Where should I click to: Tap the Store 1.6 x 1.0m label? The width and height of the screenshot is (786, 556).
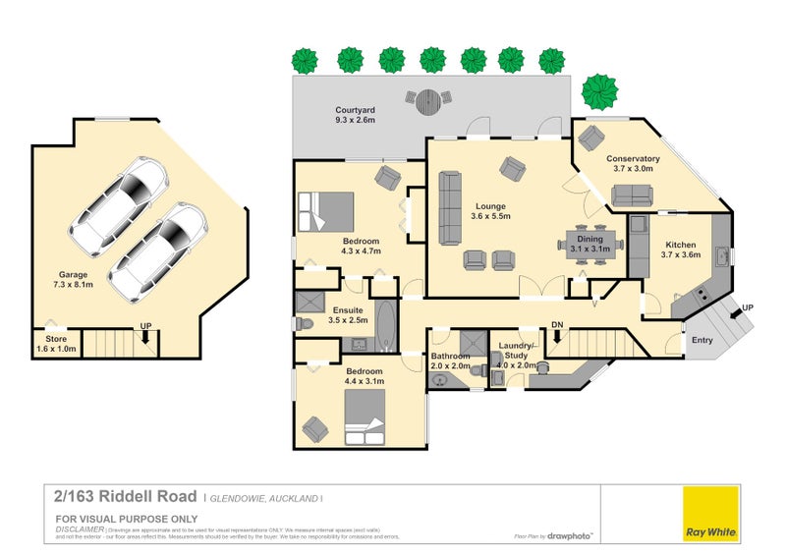click(56, 344)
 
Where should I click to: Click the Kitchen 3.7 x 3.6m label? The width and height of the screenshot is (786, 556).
click(680, 250)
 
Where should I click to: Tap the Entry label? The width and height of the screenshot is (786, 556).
click(702, 340)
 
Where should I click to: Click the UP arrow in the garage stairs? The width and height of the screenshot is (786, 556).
click(145, 333)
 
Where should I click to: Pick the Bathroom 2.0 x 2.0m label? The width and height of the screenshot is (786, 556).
click(451, 361)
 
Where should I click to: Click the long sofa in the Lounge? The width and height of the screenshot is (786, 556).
click(449, 207)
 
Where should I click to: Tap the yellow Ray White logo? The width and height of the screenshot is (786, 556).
click(711, 513)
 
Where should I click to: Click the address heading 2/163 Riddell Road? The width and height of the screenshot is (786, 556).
click(127, 496)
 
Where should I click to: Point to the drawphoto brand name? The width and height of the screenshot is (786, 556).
click(573, 536)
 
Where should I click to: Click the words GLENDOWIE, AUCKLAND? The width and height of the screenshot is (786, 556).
click(264, 498)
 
